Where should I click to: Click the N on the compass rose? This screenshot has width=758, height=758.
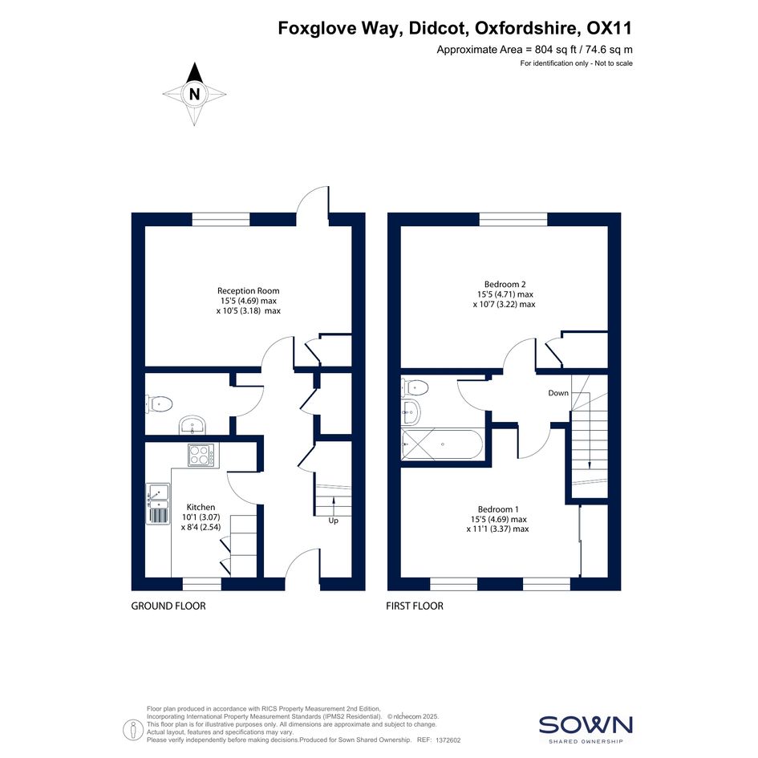(194, 94)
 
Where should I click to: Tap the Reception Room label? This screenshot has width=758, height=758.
(248, 290)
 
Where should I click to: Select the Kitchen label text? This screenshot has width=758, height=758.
(201, 507)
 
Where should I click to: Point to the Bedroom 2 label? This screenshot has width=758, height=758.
(505, 284)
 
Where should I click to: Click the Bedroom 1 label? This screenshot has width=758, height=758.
(498, 509)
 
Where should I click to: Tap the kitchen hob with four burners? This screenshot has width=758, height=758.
(201, 455)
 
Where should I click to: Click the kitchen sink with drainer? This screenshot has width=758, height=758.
(157, 503)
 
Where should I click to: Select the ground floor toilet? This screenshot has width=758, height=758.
(159, 403)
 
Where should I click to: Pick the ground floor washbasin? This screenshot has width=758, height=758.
(193, 426)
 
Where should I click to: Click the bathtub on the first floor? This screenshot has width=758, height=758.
(441, 444)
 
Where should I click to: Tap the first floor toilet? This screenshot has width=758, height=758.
(415, 387)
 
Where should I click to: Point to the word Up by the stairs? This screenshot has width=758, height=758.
(333, 521)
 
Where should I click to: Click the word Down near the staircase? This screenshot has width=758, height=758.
(557, 393)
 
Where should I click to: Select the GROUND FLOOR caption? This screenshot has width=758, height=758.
(168, 606)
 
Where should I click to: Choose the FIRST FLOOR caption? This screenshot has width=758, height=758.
(414, 606)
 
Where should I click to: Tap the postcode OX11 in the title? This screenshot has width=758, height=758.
(609, 29)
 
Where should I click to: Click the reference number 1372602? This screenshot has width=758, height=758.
(448, 740)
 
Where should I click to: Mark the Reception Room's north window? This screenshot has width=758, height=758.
(221, 220)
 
